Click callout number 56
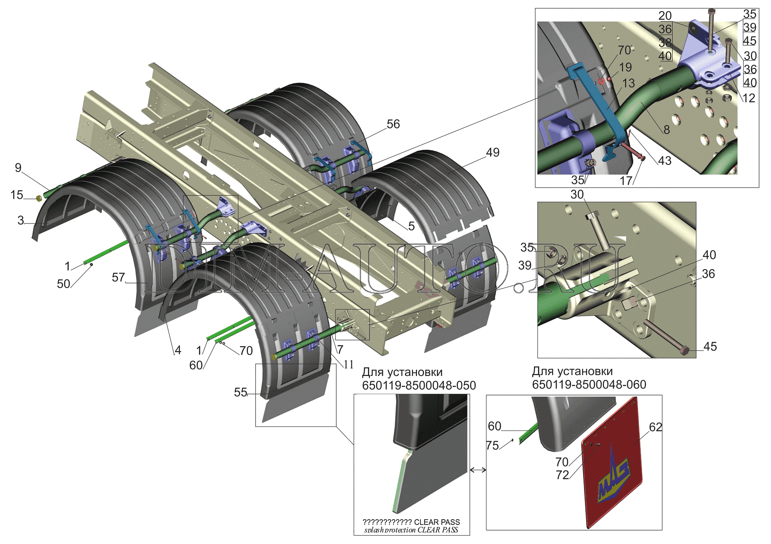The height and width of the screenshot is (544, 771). click(393, 124)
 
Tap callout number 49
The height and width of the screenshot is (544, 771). click(492, 153)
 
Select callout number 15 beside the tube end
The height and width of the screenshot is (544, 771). click(16, 195)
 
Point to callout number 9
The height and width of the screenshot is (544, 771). click(18, 168)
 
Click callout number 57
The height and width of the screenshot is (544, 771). click(118, 278)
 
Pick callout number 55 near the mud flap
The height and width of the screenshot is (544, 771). click(241, 392)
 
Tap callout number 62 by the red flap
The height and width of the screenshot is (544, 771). click(655, 427)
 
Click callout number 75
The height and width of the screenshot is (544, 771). click(492, 445)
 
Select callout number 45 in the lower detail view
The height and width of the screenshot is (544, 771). click(710, 347)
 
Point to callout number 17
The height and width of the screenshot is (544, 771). click(626, 180)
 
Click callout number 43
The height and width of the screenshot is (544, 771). click(664, 160)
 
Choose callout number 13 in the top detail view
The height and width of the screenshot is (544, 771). click(628, 83)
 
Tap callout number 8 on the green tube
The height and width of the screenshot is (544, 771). click(666, 130)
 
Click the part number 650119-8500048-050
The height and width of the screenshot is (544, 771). click(419, 385)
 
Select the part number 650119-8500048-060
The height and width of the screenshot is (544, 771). click(589, 384)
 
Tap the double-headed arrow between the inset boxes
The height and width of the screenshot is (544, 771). click(478, 470)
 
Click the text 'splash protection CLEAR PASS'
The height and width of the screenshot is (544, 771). click(411, 530)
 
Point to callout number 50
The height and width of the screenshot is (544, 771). click(63, 284)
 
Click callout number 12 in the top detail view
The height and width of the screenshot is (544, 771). click(748, 98)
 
